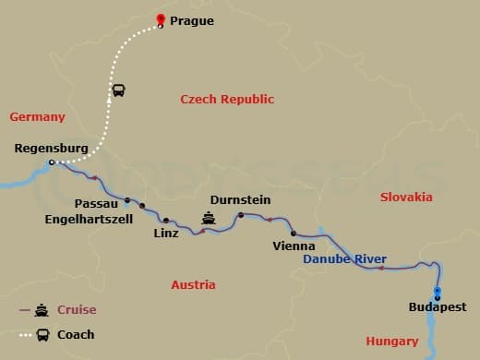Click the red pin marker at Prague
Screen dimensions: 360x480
pyautogui.click(x=161, y=19)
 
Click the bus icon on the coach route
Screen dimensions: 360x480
pyautogui.click(x=118, y=90)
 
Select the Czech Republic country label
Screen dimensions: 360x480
pyautogui.click(x=227, y=100)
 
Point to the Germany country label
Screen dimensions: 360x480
pyautogui.click(x=37, y=117)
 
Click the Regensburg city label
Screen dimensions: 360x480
pyautogui.click(x=52, y=148)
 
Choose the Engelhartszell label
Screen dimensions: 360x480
pyautogui.click(x=89, y=219)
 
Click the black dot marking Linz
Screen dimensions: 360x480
pyautogui.click(x=166, y=221)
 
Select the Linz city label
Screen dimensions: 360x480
pyautogui.click(x=166, y=234)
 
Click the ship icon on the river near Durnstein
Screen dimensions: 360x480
pyautogui.click(x=210, y=219)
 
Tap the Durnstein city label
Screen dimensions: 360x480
pyautogui.click(x=240, y=199)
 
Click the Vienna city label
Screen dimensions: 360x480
pyautogui.click(x=294, y=246)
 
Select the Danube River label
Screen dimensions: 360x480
pyautogui.click(x=345, y=259)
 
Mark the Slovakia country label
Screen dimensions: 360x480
pyautogui.click(x=406, y=198)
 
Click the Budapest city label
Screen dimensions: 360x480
pyautogui.click(x=438, y=307)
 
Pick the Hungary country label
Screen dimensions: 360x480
pyautogui.click(x=392, y=341)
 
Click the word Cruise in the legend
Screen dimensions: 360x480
pyautogui.click(x=77, y=310)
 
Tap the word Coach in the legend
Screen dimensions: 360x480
pyautogui.click(x=76, y=335)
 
